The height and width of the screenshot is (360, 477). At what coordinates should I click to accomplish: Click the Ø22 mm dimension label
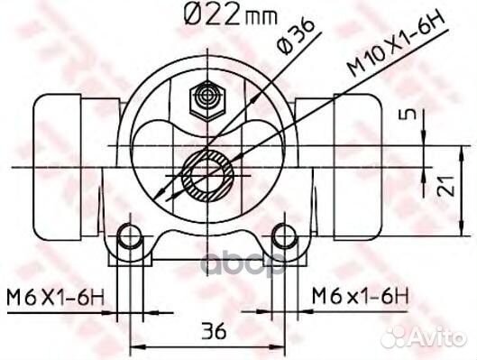[231, 14]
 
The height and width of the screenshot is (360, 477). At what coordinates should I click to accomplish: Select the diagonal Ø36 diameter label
[296, 36]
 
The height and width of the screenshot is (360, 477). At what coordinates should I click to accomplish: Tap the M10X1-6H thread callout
[397, 43]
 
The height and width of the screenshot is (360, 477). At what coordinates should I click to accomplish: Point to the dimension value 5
[411, 115]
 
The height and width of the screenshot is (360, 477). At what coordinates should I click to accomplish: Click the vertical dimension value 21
[445, 186]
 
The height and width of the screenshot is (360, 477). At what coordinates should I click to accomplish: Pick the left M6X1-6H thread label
[56, 298]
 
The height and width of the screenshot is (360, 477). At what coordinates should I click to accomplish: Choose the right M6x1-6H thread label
[361, 297]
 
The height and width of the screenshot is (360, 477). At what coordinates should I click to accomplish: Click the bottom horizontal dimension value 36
[215, 330]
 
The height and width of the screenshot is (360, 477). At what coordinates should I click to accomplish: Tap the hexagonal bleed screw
[207, 101]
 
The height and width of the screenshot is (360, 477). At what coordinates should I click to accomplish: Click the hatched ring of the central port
[207, 176]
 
